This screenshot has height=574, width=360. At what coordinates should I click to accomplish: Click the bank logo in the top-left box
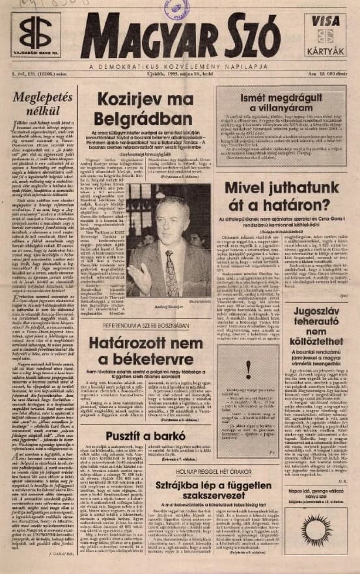35,33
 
